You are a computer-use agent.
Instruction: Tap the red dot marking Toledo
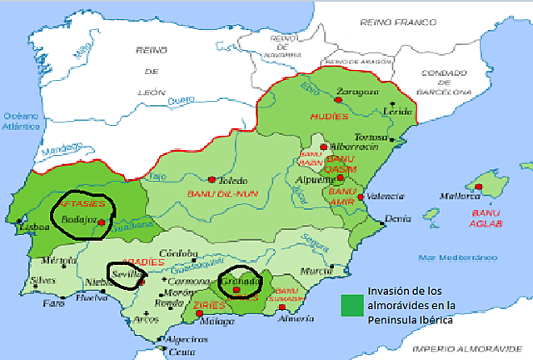coord(213,179)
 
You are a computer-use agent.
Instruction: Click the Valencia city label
coord(381,197)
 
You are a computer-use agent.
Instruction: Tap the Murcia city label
coord(311,271)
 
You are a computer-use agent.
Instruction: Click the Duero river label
coord(180,101)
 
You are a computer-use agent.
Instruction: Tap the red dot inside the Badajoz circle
coord(101,222)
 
